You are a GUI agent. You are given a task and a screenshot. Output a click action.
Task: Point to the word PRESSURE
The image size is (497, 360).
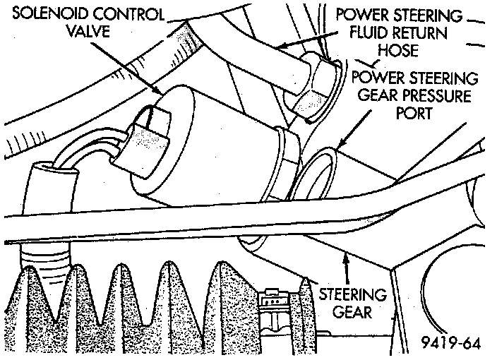437,95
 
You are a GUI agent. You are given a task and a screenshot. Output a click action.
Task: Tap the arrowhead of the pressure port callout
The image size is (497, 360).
337,148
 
